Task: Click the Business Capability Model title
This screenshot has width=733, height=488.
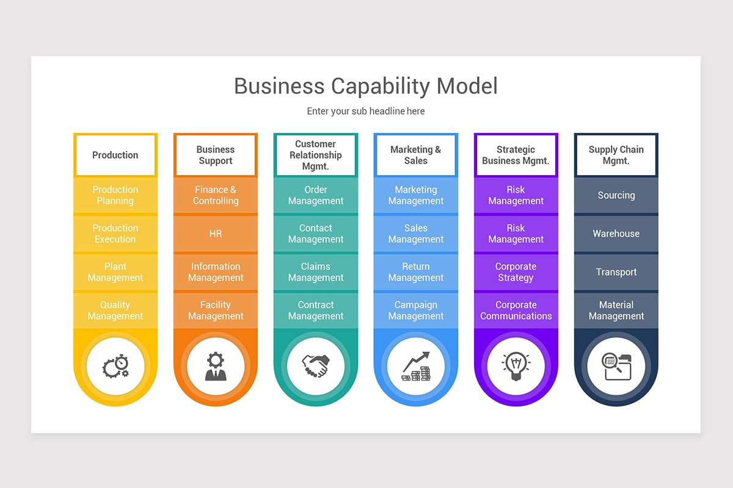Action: [x=365, y=86]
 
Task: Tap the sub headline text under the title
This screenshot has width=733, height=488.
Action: [x=365, y=111]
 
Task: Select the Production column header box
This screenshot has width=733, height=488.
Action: [x=115, y=155]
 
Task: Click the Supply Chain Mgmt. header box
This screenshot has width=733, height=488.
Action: [x=616, y=155]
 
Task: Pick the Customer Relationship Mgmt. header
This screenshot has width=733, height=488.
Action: [x=316, y=155]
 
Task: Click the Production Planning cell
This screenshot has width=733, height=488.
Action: [x=115, y=195]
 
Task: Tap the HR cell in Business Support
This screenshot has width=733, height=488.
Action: [x=216, y=234]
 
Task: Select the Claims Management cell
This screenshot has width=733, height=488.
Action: [x=316, y=272]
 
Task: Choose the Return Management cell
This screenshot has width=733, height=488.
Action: [x=416, y=272]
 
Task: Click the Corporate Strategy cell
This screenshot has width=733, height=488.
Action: [x=516, y=272]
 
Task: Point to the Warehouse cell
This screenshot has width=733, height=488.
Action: [x=616, y=234]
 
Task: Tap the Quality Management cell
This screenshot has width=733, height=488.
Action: [x=115, y=310]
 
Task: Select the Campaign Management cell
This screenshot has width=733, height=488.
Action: [x=416, y=310]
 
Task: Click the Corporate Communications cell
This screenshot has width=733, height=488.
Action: [x=516, y=310]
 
